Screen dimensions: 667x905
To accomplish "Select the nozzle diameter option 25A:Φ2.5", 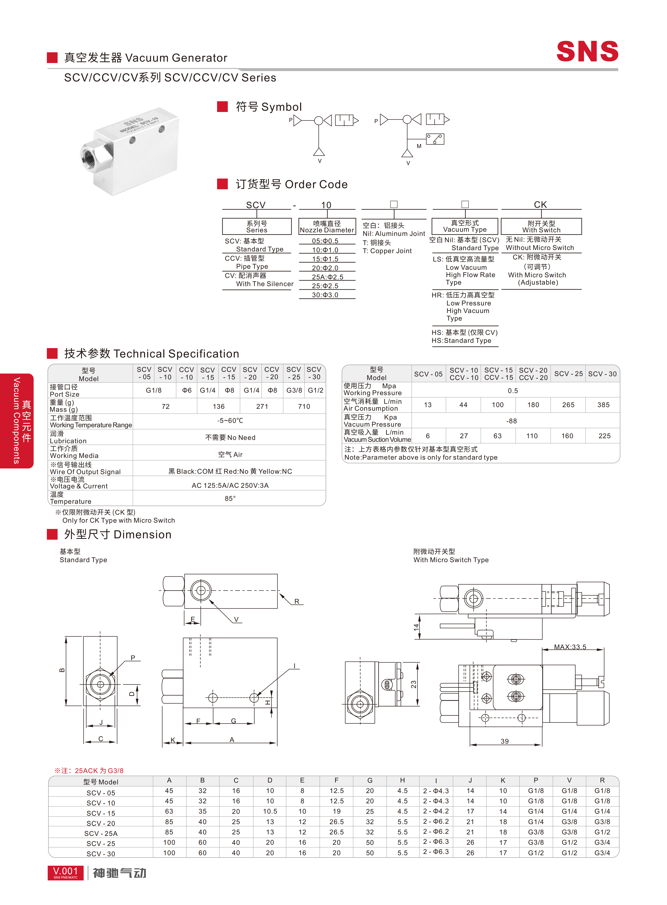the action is coord(327,277).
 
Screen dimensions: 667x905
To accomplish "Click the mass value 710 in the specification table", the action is coord(304,406).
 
